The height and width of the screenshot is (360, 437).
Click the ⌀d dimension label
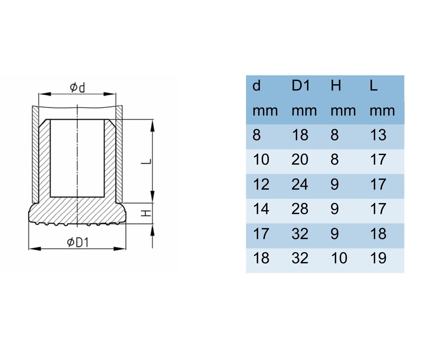77,87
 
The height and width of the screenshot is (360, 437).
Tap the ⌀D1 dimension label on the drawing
78,242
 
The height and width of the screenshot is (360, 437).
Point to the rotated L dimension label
146,162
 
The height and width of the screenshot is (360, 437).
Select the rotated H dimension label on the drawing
146,213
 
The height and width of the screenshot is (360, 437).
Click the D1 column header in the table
301,85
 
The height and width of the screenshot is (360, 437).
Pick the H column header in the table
336,85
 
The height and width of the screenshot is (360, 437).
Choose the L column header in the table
374,85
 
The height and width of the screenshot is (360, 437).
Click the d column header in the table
256,85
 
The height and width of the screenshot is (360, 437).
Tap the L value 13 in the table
378,135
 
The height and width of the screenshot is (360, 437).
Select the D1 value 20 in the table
300,159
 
